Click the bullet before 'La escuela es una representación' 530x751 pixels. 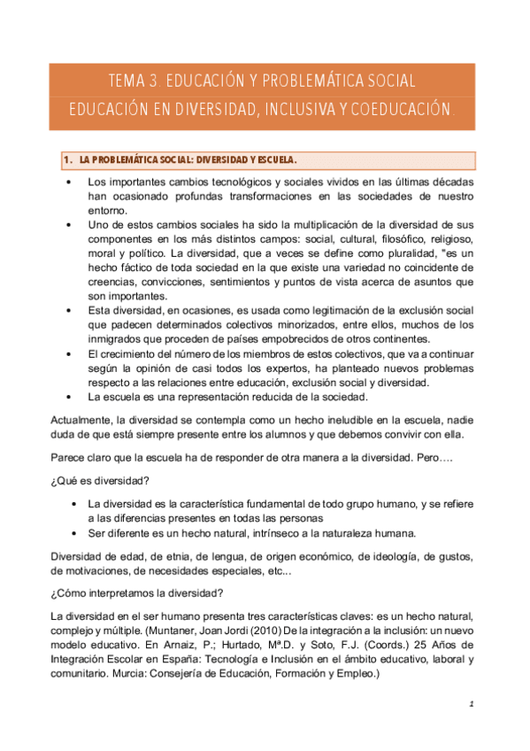coord(69,396)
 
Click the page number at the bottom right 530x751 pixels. coord(472,704)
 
